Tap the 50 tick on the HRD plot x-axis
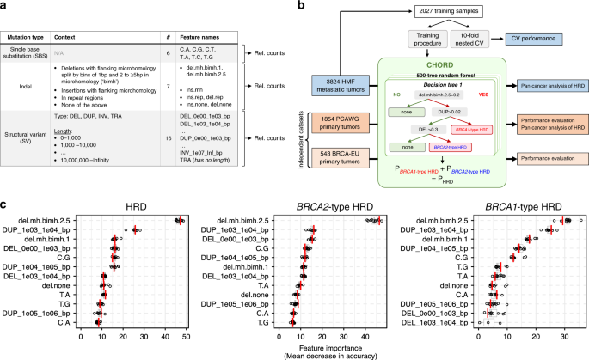[x=185, y=340]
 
